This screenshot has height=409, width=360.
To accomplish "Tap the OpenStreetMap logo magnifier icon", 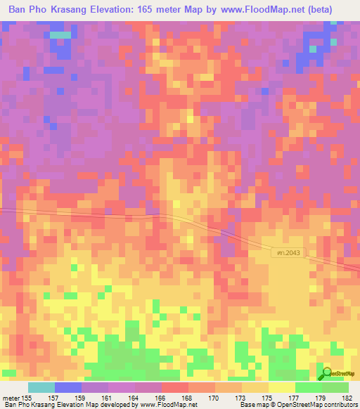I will [x=326, y=374].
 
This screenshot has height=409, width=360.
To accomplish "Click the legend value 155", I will [x=28, y=398].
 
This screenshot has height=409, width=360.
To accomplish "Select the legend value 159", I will [x=82, y=398].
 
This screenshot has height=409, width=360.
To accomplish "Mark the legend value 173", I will [x=242, y=398].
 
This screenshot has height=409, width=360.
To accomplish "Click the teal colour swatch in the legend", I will [x=41, y=387].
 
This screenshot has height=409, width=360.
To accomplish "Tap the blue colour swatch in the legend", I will [x=68, y=387].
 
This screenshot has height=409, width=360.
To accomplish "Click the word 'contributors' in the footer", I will [x=340, y=405].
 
